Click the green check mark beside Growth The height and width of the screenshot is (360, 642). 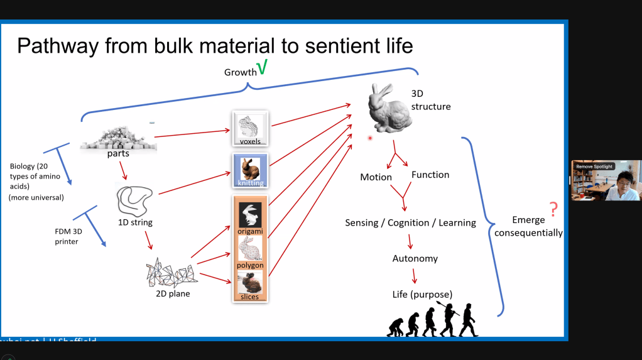point(263,67)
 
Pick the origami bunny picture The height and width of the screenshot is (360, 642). point(250,215)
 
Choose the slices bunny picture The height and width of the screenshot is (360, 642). point(250,283)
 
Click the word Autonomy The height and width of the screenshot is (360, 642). point(415,258)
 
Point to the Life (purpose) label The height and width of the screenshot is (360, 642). point(422,294)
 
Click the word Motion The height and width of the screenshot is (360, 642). point(376,177)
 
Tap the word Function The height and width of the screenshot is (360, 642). point(430,175)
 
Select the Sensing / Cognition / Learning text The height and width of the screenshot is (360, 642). point(410,223)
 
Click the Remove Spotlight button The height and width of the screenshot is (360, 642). point(594,166)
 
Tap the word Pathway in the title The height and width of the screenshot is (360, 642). point(55,45)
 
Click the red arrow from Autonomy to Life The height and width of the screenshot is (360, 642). point(415,276)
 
